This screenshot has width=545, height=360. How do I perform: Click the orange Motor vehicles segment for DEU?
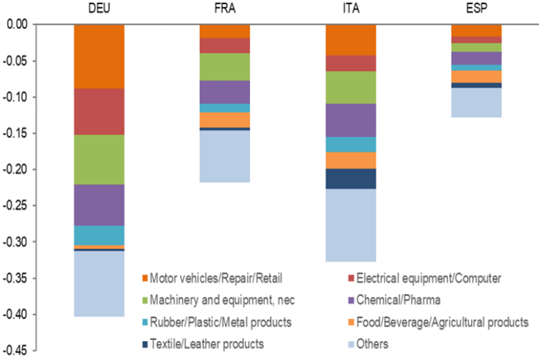pyautogui.click(x=99, y=56)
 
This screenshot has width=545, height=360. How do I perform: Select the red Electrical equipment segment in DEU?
pyautogui.click(x=99, y=112)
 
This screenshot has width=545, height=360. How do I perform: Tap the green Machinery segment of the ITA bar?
pyautogui.click(x=351, y=87)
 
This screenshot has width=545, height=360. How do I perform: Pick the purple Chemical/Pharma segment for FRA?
pyautogui.click(x=225, y=92)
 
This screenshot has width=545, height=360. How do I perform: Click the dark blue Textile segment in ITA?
pyautogui.click(x=351, y=179)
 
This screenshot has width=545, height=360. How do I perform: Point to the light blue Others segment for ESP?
pyautogui.click(x=476, y=102)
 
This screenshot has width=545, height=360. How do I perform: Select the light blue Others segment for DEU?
pyautogui.click(x=99, y=284)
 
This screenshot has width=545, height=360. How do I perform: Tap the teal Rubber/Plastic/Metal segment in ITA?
pyautogui.click(x=351, y=144)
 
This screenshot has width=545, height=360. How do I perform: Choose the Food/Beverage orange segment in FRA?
pyautogui.click(x=225, y=120)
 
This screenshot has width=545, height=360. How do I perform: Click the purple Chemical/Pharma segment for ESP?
pyautogui.click(x=476, y=58)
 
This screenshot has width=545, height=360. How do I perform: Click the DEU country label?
pyautogui.click(x=99, y=8)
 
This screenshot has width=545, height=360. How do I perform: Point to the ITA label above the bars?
pyautogui.click(x=351, y=8)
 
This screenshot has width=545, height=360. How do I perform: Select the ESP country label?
pyautogui.click(x=477, y=8)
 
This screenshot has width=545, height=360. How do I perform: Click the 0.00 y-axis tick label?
pyautogui.click(x=17, y=25)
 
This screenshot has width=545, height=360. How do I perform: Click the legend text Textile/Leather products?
pyautogui.click(x=207, y=344)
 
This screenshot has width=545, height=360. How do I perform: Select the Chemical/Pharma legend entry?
pyautogui.click(x=398, y=300)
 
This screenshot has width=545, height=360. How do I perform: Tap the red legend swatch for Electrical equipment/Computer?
pyautogui.click(x=351, y=278)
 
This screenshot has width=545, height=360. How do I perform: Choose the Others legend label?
pyautogui.click(x=372, y=344)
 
